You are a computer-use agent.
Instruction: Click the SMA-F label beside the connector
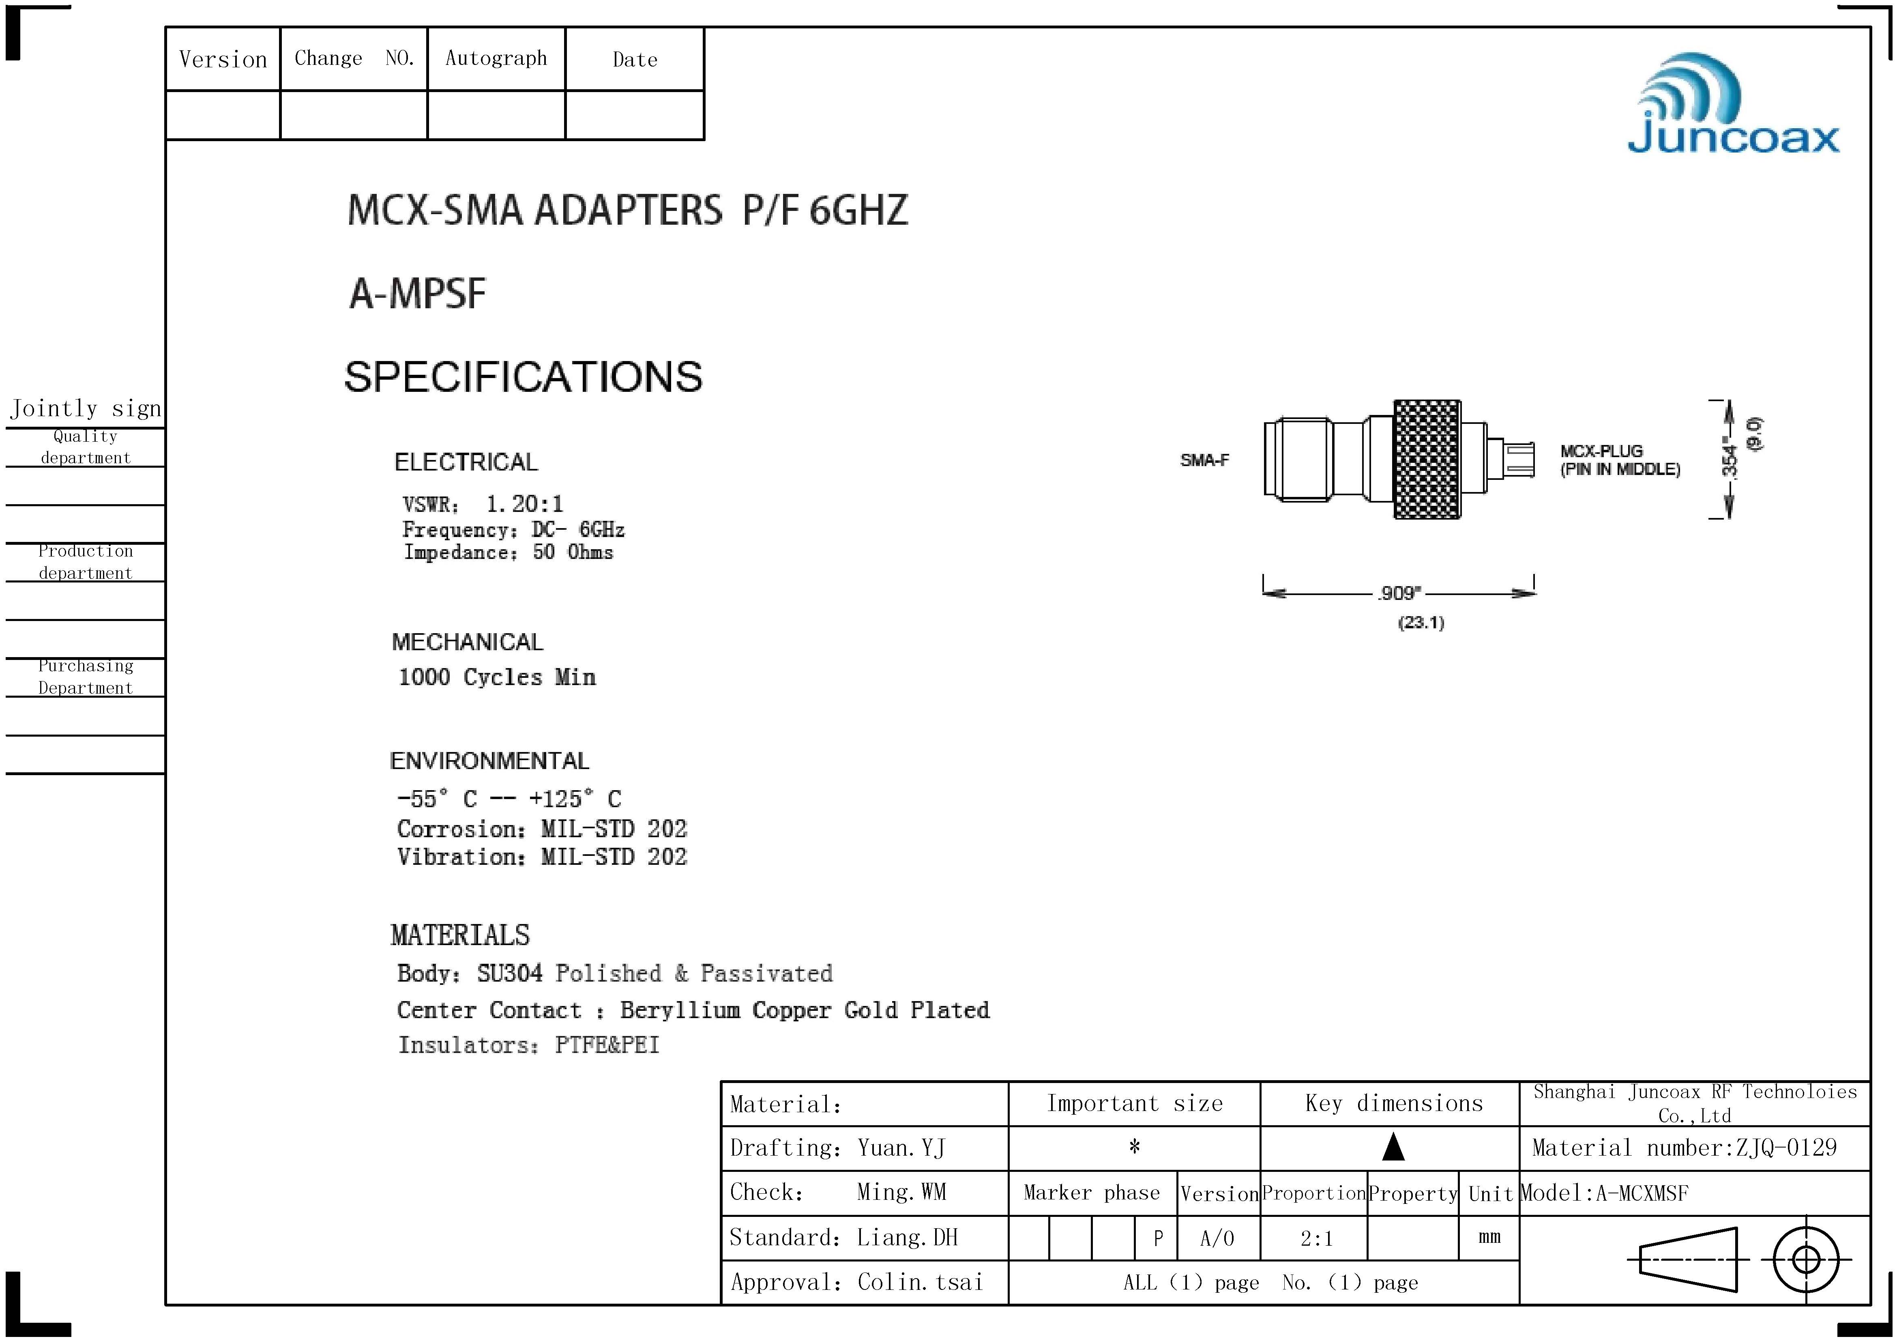click(1204, 460)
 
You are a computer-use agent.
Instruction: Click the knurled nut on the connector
click(1427, 460)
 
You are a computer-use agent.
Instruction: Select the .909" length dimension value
click(1399, 593)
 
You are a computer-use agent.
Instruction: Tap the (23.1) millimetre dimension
click(1420, 622)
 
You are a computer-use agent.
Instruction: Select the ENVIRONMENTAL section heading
click(489, 761)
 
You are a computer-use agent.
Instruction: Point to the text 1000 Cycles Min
click(497, 677)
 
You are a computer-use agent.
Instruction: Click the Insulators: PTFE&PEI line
click(529, 1045)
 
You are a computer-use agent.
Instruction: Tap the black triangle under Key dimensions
click(1393, 1147)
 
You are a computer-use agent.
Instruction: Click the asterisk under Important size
click(1134, 1147)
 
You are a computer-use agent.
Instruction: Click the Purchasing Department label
click(85, 677)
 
